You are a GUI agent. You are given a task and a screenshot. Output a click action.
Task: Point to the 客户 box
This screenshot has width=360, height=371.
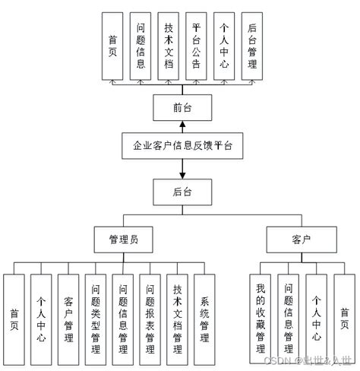coord(302,239)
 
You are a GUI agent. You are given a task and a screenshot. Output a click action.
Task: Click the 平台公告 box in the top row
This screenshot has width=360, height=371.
coord(197,46)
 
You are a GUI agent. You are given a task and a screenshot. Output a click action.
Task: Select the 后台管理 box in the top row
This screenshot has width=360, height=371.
coord(253,46)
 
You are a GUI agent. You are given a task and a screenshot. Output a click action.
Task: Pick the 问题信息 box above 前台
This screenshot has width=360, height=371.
coord(141,46)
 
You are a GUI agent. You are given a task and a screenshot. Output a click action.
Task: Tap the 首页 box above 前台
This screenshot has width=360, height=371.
coord(112,46)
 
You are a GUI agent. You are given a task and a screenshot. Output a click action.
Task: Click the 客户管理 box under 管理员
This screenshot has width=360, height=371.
coord(68,318)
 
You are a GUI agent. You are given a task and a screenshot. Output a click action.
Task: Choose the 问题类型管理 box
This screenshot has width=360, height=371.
coord(96,318)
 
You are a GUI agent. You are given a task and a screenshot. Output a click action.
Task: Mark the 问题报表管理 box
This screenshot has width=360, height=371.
coord(151,318)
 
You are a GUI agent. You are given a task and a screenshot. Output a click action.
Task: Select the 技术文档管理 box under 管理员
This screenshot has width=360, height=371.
coord(178,318)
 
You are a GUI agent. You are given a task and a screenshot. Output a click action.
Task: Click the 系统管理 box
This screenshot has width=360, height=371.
coord(204,318)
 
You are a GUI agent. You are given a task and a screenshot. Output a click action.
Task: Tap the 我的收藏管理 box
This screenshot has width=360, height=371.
coord(261,318)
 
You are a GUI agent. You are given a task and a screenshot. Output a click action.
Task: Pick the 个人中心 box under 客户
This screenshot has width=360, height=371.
coord(316,318)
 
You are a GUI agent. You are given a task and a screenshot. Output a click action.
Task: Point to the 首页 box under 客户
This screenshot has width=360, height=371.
coord(344,318)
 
